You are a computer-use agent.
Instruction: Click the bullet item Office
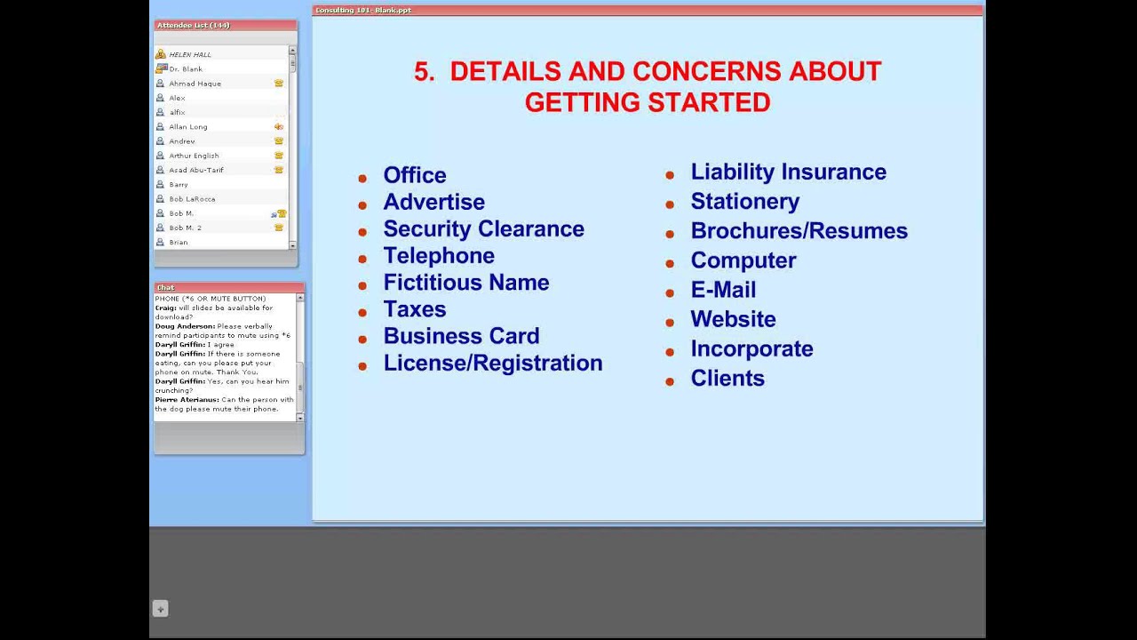click(414, 175)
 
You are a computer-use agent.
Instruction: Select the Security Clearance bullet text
click(483, 228)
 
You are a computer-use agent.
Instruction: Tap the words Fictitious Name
click(465, 283)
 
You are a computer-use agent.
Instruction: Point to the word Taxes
click(414, 309)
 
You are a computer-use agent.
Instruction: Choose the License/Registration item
click(492, 363)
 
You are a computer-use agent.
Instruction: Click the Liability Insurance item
click(788, 172)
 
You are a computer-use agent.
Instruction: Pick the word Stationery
click(744, 201)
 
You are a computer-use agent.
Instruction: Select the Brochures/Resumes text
click(799, 230)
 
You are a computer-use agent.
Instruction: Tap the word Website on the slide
click(733, 318)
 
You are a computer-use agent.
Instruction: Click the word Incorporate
click(751, 348)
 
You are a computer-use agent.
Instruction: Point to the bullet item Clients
click(727, 378)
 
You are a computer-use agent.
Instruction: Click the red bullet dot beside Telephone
click(362, 259)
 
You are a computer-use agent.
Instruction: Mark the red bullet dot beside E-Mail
click(670, 292)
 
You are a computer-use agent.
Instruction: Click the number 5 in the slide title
click(423, 72)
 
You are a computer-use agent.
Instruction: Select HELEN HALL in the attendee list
click(190, 54)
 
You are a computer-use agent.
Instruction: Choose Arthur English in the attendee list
click(194, 156)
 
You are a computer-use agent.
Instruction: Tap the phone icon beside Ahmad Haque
click(278, 83)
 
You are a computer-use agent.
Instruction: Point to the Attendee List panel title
click(193, 25)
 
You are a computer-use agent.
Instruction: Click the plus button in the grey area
click(160, 609)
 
